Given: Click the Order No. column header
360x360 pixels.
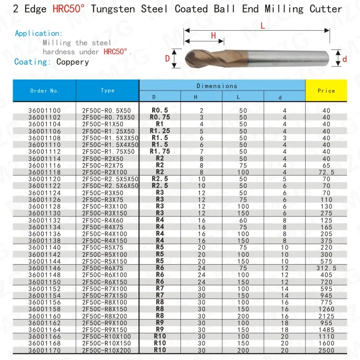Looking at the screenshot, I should pyautogui.click(x=45, y=90).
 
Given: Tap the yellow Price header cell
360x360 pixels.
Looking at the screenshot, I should pyautogui.click(x=326, y=90).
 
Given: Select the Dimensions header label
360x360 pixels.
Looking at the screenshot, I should pyautogui.click(x=216, y=85).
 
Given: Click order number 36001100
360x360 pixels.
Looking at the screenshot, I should pyautogui.click(x=45, y=110).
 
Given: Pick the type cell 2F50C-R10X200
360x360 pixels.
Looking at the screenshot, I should pyautogui.click(x=107, y=350).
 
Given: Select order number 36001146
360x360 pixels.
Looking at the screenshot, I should pyautogui.click(x=45, y=268).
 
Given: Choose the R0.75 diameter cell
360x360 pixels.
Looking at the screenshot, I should pyautogui.click(x=160, y=117).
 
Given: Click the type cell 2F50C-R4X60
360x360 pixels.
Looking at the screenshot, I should pyautogui.click(x=107, y=220).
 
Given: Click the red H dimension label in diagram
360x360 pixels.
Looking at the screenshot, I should pyautogui.click(x=214, y=36).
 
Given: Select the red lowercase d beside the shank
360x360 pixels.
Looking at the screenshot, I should pyautogui.click(x=345, y=58).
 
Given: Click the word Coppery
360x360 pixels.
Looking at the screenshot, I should pyautogui.click(x=73, y=62).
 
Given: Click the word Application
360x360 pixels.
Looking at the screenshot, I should pyautogui.click(x=38, y=33).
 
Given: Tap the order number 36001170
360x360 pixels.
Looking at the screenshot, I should pyautogui.click(x=45, y=350).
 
